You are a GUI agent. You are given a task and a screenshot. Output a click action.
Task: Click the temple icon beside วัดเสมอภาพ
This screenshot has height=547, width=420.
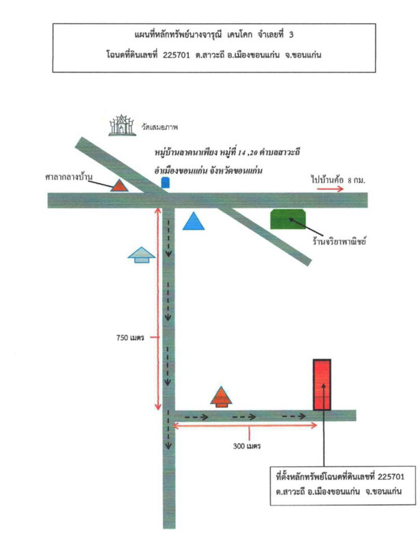pyautogui.click(x=122, y=125)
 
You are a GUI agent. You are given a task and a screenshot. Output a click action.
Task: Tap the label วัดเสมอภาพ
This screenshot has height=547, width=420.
pyautogui.click(x=159, y=127)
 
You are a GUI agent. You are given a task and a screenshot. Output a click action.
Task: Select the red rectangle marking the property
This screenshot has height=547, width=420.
pyautogui.click(x=322, y=384)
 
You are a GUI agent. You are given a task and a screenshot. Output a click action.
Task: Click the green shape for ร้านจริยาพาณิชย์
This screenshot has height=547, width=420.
pyautogui.click(x=288, y=219)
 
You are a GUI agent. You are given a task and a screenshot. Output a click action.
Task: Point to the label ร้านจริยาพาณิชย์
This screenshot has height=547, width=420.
pyautogui.click(x=339, y=241)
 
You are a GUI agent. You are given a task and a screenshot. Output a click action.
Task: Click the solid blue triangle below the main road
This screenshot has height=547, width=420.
pyautogui.click(x=194, y=222)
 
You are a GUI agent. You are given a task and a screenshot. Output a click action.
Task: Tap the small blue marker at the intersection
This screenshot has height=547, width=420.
pyautogui.click(x=166, y=183)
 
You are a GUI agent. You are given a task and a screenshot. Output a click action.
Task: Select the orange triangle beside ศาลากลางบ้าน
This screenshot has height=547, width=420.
pyautogui.click(x=120, y=185)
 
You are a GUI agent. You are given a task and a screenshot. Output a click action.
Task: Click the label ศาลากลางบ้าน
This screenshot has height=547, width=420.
pyautogui.click(x=69, y=177)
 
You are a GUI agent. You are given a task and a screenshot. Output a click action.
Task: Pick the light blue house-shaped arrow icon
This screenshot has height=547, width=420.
pyautogui.click(x=141, y=254)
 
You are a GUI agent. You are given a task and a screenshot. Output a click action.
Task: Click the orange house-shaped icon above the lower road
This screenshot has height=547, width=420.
pyautogui.click(x=221, y=397)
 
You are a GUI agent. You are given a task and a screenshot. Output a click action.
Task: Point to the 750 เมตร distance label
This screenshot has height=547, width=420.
pyautogui.click(x=130, y=338)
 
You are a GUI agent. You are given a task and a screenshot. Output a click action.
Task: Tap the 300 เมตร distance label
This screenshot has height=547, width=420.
pyautogui.click(x=247, y=446)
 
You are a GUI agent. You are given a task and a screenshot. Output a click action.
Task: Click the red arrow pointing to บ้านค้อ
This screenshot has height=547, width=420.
pyautogui.click(x=330, y=189)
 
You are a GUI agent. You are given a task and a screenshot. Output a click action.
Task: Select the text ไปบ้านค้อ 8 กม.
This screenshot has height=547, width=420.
pyautogui.click(x=338, y=180)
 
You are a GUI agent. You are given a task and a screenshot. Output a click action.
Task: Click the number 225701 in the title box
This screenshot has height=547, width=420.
pyautogui.click(x=176, y=55)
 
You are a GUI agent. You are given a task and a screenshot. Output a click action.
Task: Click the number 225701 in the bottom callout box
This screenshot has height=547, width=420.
pyautogui.click(x=391, y=477)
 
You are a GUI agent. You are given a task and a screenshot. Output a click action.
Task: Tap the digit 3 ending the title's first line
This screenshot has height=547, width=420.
pyautogui.click(x=291, y=35)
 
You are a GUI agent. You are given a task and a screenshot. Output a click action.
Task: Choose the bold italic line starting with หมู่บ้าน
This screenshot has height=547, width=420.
pyautogui.click(x=228, y=152)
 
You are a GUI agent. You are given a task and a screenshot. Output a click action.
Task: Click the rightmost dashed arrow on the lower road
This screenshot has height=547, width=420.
pyautogui.click(x=294, y=416)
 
